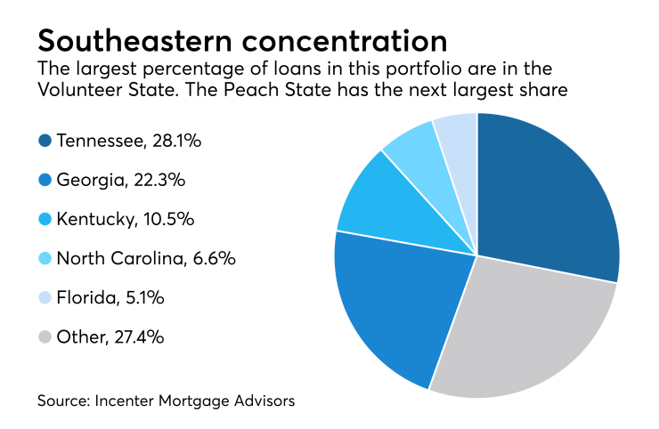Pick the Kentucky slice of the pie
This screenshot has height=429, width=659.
click(x=392, y=209)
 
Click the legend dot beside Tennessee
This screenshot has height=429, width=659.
click(x=45, y=140)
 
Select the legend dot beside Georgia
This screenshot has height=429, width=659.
click(x=45, y=180)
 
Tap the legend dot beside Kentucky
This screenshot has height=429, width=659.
click(x=45, y=219)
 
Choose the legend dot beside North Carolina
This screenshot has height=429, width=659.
click(x=45, y=259)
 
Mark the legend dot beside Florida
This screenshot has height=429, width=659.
click(x=45, y=298)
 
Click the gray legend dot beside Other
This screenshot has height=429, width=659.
click(x=45, y=338)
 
